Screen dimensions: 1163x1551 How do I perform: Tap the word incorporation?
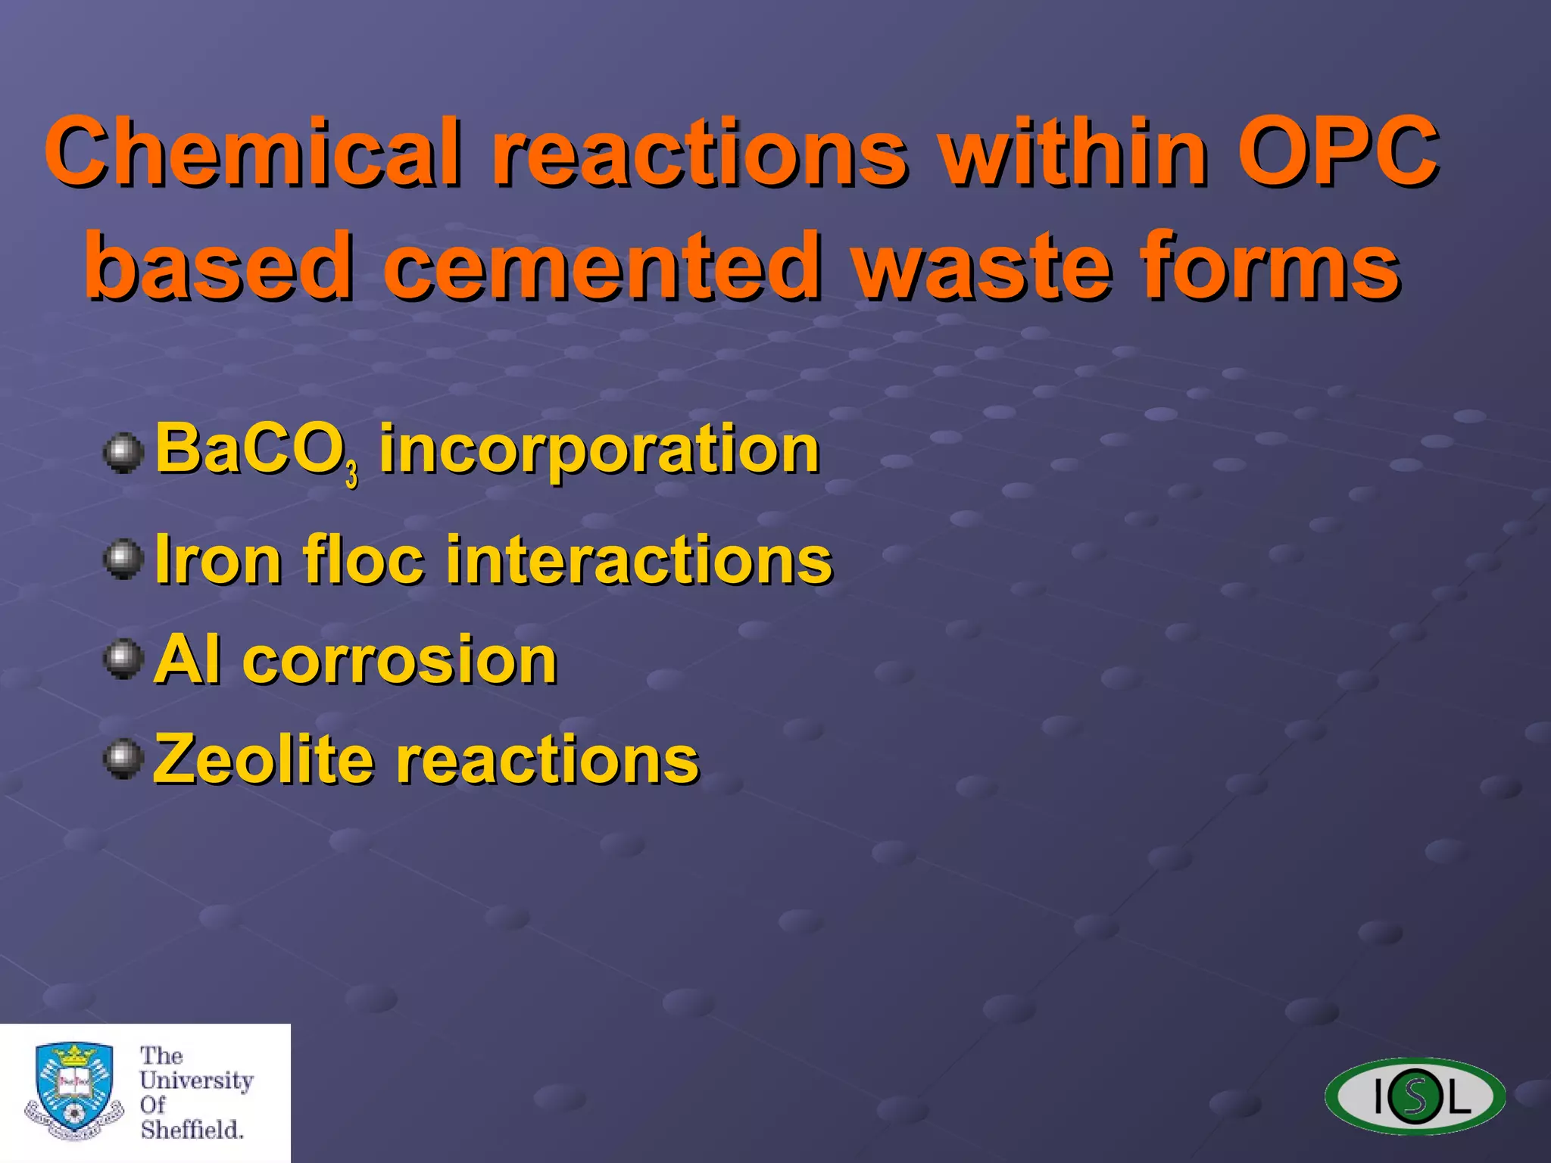(x=598, y=450)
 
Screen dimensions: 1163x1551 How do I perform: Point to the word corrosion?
(x=399, y=660)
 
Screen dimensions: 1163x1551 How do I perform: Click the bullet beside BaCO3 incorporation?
(x=123, y=453)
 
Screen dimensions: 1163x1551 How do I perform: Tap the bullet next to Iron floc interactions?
(x=123, y=560)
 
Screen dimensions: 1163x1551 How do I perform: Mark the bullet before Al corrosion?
(x=123, y=659)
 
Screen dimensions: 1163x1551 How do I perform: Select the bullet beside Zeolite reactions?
(x=123, y=759)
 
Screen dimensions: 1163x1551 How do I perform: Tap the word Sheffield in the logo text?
(x=192, y=1130)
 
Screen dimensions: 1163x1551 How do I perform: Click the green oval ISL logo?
(x=1415, y=1096)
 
